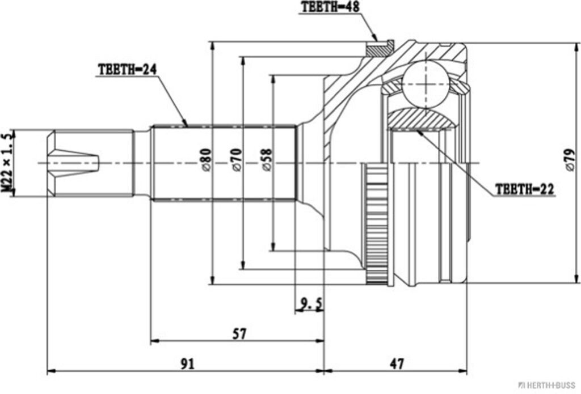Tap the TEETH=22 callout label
click(x=524, y=189)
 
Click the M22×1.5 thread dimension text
click(x=7, y=163)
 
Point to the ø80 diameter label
click(x=205, y=161)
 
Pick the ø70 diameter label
click(x=236, y=161)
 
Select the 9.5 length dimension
click(x=310, y=304)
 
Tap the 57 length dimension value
click(x=239, y=334)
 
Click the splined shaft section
click(x=224, y=163)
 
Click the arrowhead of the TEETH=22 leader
click(x=419, y=132)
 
